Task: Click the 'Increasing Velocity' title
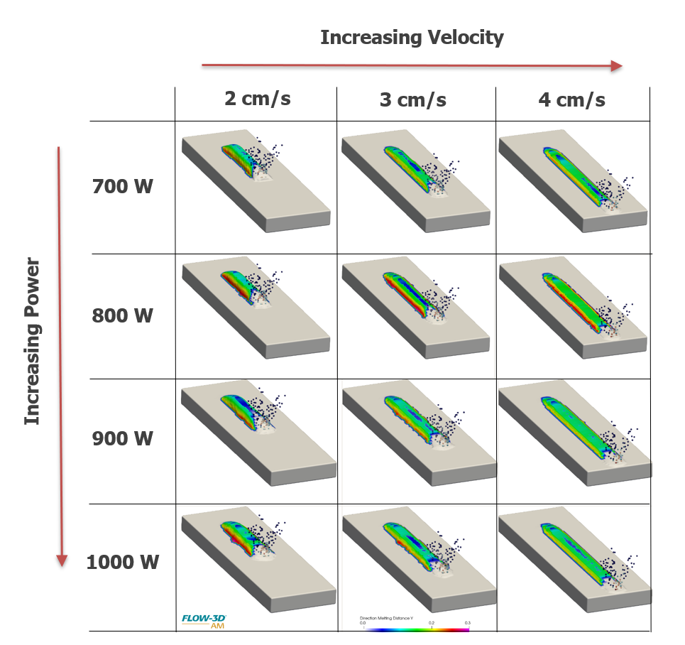(412, 38)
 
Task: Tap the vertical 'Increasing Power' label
(33, 342)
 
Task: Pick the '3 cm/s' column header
(413, 99)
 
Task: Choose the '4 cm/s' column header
(571, 99)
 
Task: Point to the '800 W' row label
(122, 315)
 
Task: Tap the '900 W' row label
(122, 438)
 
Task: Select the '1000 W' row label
(122, 563)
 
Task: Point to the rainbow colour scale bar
(416, 629)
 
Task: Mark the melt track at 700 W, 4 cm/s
(571, 174)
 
